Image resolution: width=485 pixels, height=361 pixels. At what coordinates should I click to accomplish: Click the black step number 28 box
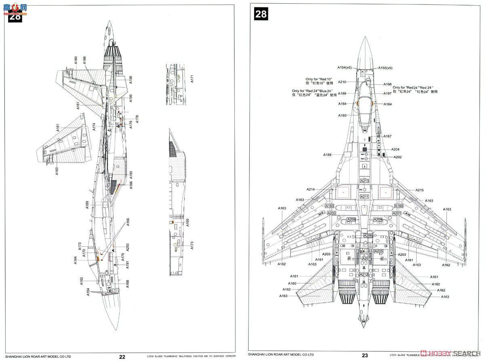tap(261, 14)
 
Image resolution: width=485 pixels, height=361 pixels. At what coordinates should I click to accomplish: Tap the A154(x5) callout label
tap(345, 67)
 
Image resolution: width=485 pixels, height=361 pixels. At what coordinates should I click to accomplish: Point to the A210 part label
tap(342, 82)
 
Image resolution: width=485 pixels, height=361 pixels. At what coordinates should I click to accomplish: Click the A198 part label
tap(388, 84)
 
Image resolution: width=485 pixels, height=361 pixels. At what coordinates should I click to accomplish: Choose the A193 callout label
tap(342, 115)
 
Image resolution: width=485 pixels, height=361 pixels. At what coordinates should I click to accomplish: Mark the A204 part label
tap(395, 149)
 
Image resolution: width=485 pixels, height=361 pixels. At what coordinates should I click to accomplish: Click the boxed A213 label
tap(365, 181)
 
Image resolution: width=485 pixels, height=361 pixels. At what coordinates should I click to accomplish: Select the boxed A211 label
tap(365, 197)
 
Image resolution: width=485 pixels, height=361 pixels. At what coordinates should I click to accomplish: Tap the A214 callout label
tap(310, 189)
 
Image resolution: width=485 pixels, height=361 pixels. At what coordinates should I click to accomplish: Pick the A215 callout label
tap(420, 190)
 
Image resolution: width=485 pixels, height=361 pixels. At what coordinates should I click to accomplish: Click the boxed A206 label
tap(368, 235)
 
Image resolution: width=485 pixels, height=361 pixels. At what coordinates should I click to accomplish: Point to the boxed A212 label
tap(364, 275)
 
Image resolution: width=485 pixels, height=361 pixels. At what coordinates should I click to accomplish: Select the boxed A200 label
tap(331, 213)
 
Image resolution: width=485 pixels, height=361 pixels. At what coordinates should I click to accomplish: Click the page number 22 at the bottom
tap(122, 356)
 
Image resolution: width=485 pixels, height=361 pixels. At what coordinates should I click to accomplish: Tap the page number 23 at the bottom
tap(365, 356)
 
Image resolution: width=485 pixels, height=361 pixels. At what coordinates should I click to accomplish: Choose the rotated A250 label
tap(127, 247)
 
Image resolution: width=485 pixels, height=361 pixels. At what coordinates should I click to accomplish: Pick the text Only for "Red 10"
tap(319, 79)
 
